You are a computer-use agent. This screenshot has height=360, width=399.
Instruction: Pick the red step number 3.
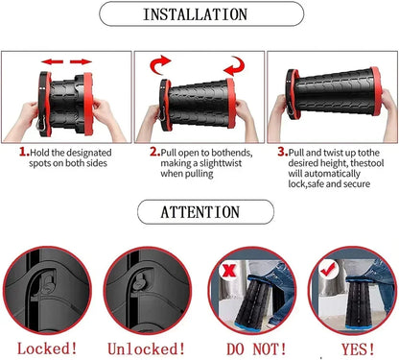pyautogui.click(x=282, y=151)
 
